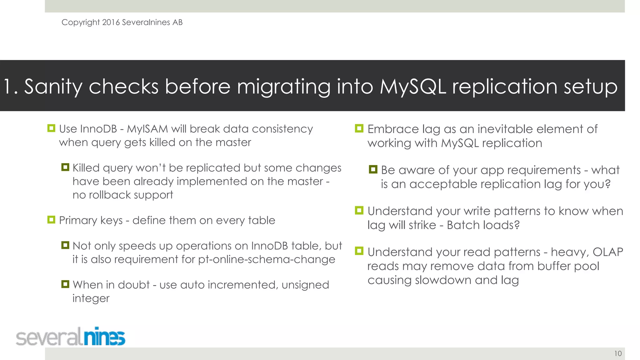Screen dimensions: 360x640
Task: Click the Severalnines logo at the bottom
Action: [x=71, y=337]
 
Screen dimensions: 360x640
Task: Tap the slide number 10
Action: [x=618, y=354]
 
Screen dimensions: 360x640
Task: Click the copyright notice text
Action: [x=122, y=22]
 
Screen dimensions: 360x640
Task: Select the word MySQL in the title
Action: [x=413, y=87]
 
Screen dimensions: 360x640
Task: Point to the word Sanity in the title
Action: [x=53, y=87]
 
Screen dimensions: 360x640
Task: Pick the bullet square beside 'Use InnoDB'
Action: [x=51, y=128]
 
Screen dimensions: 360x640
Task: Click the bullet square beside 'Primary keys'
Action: [x=51, y=220]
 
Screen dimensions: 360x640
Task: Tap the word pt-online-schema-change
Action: [x=267, y=260]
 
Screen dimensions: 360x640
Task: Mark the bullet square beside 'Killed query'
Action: [x=65, y=167]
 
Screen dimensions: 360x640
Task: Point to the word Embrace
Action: [x=393, y=129]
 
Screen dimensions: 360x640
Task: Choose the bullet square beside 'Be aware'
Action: [x=373, y=169]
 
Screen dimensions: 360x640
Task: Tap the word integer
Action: [x=91, y=299]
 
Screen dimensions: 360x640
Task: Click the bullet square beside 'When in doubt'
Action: [x=65, y=284]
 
